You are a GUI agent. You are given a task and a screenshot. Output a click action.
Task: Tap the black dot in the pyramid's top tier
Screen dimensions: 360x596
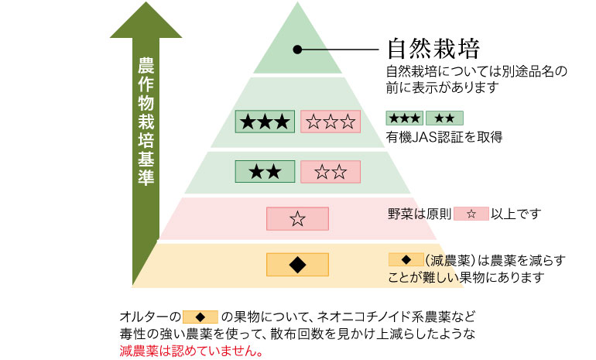[296, 50]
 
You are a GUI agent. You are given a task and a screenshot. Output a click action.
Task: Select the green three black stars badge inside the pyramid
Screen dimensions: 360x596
[265, 121]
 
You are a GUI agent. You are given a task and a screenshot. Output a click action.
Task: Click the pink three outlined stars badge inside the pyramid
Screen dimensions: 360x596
[330, 121]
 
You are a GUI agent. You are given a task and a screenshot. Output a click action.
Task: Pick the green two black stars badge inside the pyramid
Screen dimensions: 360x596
[265, 172]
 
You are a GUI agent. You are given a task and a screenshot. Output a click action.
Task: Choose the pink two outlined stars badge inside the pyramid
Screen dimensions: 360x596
[330, 172]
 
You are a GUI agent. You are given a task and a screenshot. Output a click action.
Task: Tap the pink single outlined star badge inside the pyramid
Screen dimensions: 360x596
[298, 219]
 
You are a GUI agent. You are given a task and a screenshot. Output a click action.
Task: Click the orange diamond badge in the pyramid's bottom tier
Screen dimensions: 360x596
[298, 264]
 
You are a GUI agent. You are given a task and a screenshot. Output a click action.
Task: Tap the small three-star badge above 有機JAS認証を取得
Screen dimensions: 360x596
[404, 118]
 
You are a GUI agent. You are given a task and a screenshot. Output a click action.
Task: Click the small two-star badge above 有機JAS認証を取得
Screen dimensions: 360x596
[444, 118]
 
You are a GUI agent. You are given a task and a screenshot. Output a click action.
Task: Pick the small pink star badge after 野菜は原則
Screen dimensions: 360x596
[471, 213]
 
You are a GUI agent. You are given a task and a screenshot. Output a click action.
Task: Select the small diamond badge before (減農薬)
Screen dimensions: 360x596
[406, 259]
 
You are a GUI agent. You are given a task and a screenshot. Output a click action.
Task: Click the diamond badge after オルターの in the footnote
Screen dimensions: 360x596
[200, 317]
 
